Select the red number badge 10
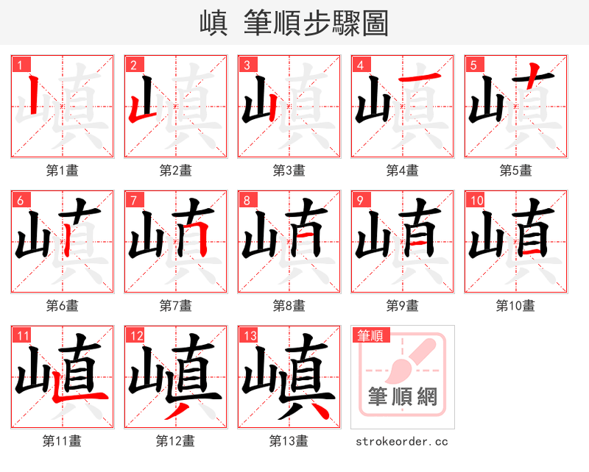click(x=476, y=200)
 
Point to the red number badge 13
click(x=250, y=336)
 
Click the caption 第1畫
click(x=62, y=171)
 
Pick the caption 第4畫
click(x=402, y=171)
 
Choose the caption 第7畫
click(x=175, y=306)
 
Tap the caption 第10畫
click(x=515, y=306)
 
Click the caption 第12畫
click(x=175, y=441)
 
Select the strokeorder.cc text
click(x=402, y=442)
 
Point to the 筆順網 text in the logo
click(x=403, y=397)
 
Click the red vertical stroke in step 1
click(x=33, y=96)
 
